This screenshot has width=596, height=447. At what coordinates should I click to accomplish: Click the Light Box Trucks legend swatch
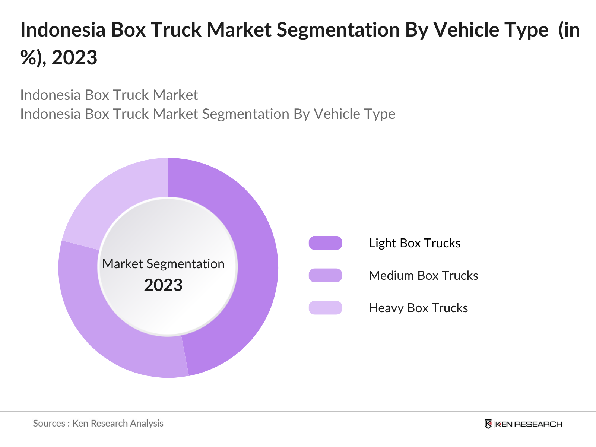coord(325,243)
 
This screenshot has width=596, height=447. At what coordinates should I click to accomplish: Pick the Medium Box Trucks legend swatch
coord(325,275)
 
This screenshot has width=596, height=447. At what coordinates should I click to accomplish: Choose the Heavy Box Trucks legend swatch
coord(325,308)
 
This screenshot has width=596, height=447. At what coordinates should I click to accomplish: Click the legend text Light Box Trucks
coord(415,243)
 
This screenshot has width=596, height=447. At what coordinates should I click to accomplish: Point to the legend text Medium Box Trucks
coord(423,275)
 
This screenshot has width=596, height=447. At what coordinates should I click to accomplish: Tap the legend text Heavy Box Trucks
coord(418,308)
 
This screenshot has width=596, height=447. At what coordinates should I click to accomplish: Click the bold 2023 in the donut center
coord(163,285)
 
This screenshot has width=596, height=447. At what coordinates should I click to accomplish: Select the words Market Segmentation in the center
coord(163,264)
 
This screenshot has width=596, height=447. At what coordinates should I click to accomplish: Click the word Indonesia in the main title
coord(63,30)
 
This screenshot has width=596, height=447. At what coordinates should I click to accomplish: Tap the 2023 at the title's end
coord(74,58)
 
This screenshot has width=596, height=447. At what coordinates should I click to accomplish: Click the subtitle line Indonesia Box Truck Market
coord(109,95)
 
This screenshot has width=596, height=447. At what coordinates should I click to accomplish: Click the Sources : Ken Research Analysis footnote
coord(98,423)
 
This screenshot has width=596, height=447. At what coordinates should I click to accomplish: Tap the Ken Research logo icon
coord(488,424)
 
